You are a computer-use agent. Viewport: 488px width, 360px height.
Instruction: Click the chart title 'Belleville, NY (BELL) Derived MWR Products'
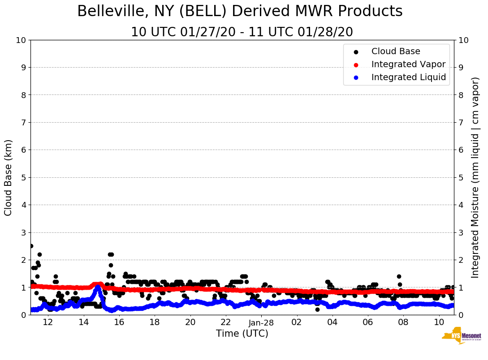coord(240,11)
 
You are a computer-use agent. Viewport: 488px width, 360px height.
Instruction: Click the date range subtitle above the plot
coord(242,32)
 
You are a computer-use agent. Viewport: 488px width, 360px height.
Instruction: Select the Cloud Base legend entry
coord(395,51)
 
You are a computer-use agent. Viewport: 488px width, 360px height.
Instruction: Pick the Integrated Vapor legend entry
coord(408,64)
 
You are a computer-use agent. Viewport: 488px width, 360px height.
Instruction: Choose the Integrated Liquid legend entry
coord(408,77)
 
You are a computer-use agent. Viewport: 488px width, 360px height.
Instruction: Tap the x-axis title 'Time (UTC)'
coord(242,334)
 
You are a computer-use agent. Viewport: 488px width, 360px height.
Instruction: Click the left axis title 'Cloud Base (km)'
coord(9,177)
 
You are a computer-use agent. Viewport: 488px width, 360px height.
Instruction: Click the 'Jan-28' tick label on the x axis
coord(261,322)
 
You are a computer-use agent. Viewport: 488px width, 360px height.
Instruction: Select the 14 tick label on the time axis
coord(83,322)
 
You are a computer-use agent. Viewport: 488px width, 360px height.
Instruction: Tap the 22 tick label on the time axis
coord(226,322)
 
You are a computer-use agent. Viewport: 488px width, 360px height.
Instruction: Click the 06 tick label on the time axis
coord(368,322)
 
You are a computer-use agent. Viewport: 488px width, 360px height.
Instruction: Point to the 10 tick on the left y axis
coord(21,40)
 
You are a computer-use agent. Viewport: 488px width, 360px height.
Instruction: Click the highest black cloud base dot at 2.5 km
coord(31,246)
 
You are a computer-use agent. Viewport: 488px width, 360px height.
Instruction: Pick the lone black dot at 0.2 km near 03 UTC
coord(317,309)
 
